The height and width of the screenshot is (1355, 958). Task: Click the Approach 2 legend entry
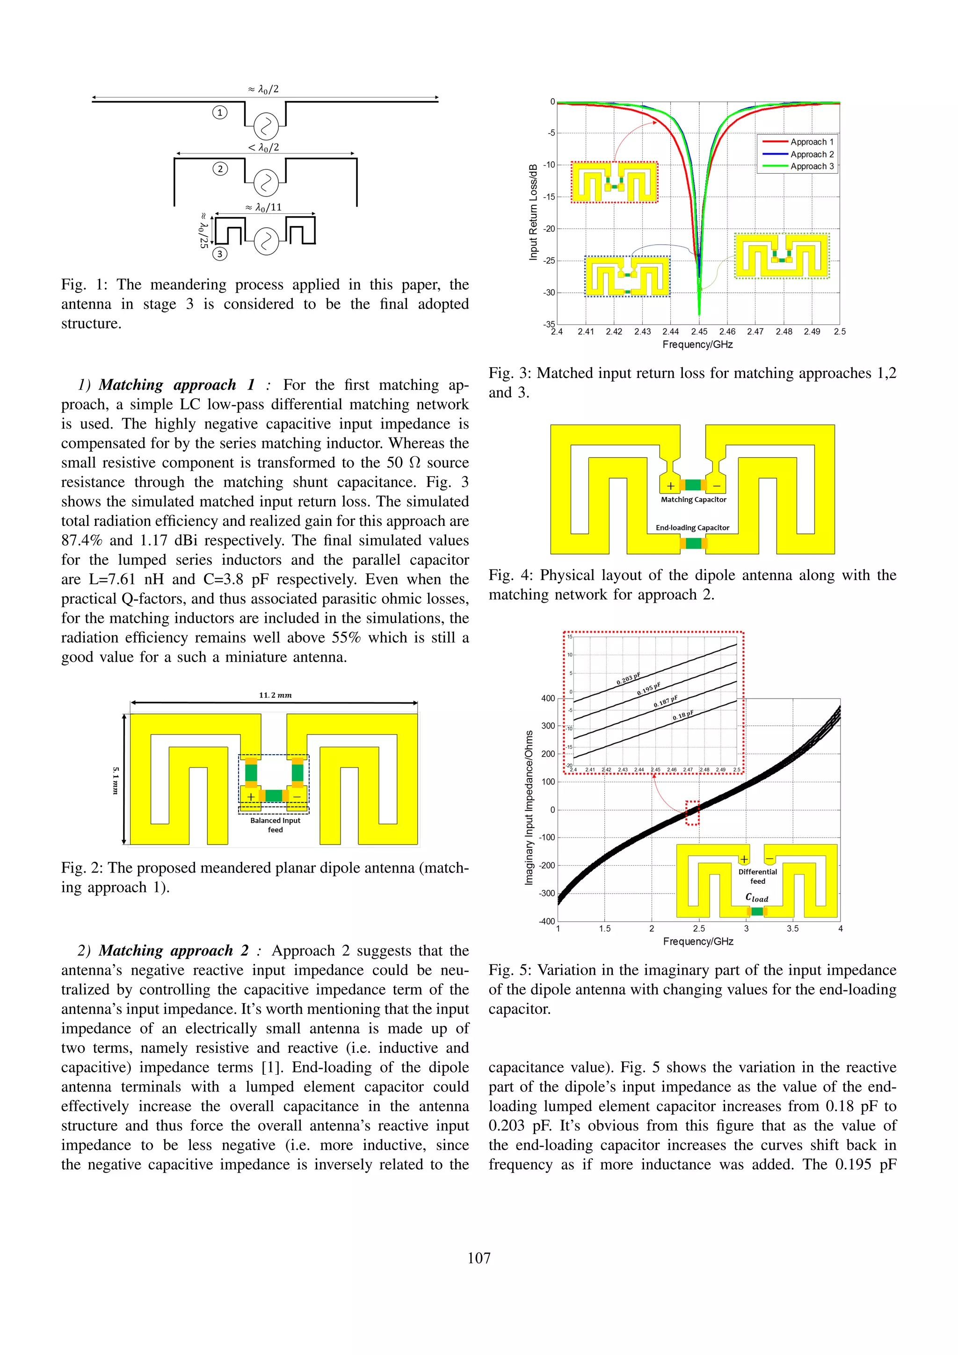812,154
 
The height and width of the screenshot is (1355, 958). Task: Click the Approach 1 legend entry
812,142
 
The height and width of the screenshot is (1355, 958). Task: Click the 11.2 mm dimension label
275,695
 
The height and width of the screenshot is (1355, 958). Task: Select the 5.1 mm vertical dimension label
116,780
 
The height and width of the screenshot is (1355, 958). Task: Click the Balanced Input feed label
275,824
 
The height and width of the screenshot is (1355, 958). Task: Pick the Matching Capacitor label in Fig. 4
693,499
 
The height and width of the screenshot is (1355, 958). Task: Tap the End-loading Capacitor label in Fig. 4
693,528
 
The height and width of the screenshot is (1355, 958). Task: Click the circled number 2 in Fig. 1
220,169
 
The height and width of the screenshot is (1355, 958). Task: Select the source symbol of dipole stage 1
265,125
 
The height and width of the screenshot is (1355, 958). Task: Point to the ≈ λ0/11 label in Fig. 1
264,207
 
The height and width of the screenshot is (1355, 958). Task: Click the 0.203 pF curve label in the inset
628,679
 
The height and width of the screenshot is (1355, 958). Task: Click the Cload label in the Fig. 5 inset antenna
757,897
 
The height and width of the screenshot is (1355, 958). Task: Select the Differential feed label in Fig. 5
757,876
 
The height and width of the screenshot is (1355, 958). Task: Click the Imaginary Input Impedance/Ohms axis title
529,807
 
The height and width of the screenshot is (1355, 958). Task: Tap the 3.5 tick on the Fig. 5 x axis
792,928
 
